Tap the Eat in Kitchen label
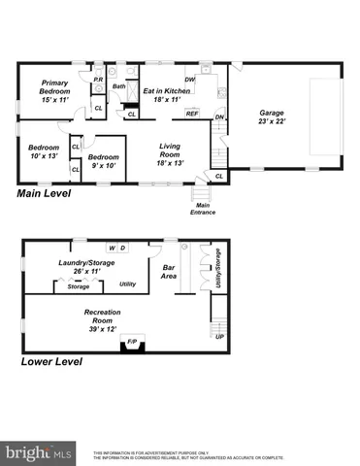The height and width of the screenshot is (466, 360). tap(167, 94)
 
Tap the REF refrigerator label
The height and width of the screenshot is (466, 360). tap(192, 114)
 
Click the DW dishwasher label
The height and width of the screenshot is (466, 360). tap(190, 80)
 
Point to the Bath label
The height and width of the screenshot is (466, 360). tap(118, 86)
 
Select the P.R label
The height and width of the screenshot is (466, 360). tap(98, 80)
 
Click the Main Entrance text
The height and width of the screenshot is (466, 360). tap(204, 209)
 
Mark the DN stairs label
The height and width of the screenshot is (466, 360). tap(219, 117)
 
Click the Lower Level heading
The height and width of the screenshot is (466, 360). tap(51, 361)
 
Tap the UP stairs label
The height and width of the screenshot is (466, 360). tap(219, 337)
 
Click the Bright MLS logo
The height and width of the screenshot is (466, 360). tap(39, 451)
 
